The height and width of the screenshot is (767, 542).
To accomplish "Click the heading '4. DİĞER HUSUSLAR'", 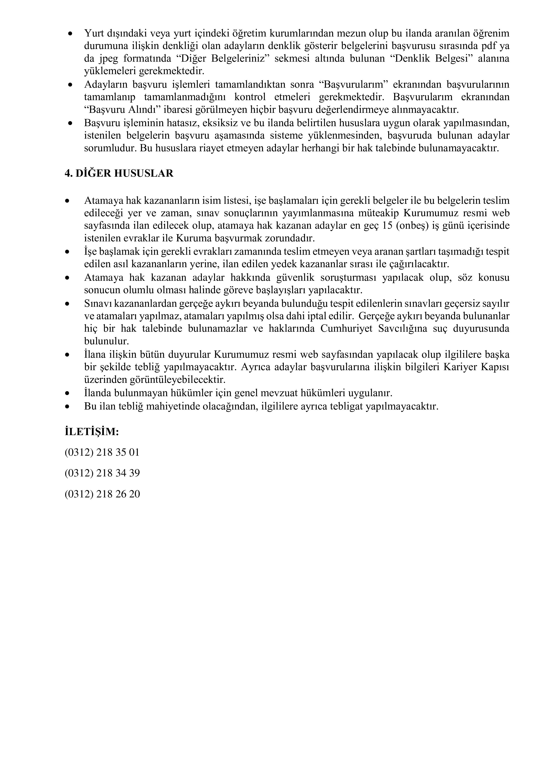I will [x=119, y=174].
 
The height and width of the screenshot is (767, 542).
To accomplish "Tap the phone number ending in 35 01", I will [x=102, y=453].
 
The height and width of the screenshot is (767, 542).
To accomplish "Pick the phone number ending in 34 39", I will [x=102, y=473].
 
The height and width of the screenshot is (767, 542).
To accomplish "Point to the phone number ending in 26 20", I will [x=102, y=494].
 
